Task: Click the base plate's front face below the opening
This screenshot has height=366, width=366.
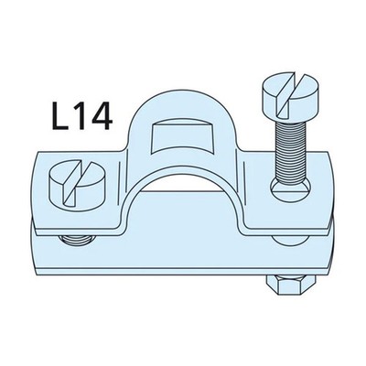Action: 183,265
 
